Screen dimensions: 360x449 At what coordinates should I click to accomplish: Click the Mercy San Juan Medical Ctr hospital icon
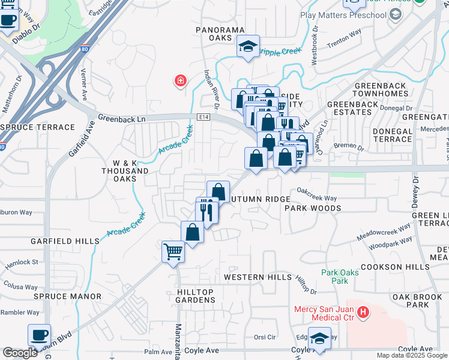362,312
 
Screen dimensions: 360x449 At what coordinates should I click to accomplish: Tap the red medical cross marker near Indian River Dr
179,82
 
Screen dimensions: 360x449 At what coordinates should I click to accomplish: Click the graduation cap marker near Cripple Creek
247,47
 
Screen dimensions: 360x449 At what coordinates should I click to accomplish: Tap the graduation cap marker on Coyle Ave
319,338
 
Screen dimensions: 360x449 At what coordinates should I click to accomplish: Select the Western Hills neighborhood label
258,277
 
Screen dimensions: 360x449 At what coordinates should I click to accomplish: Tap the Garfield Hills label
65,241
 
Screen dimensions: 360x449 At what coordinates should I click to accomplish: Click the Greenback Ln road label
122,119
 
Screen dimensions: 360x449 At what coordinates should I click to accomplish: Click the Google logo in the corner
20,353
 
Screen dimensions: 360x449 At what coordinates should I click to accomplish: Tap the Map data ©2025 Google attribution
412,355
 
